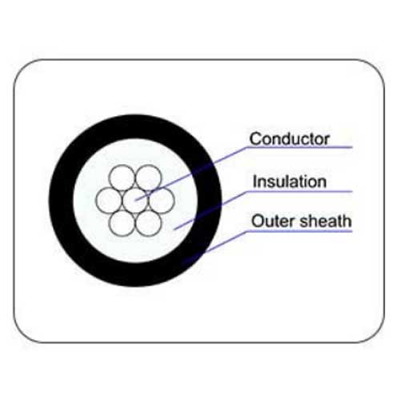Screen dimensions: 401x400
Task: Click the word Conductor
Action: tap(290, 139)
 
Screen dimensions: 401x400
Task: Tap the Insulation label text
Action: tap(290, 182)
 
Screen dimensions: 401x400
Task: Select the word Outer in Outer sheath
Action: tap(273, 222)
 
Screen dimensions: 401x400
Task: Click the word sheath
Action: tap(325, 221)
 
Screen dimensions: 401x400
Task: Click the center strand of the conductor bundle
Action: tap(135, 201)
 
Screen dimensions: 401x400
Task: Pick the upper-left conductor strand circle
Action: tap(122, 178)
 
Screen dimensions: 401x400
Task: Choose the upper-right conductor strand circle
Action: tap(149, 178)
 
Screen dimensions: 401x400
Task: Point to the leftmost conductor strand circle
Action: tap(109, 200)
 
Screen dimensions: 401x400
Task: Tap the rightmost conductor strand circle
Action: tap(162, 200)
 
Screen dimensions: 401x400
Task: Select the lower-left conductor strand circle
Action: tap(122, 223)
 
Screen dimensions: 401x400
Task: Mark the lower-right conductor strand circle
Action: tap(149, 223)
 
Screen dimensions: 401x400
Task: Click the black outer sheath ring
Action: tap(62, 201)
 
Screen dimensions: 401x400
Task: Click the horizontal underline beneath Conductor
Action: tap(299, 147)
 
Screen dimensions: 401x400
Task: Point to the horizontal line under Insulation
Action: tap(299, 191)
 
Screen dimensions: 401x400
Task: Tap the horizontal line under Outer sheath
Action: tap(299, 231)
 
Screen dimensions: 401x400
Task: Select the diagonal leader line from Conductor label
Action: tap(190, 174)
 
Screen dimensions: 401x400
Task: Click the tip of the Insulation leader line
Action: tap(174, 229)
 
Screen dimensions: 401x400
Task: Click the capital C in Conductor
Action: tap(255, 139)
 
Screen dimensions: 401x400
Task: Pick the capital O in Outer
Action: tap(258, 222)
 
